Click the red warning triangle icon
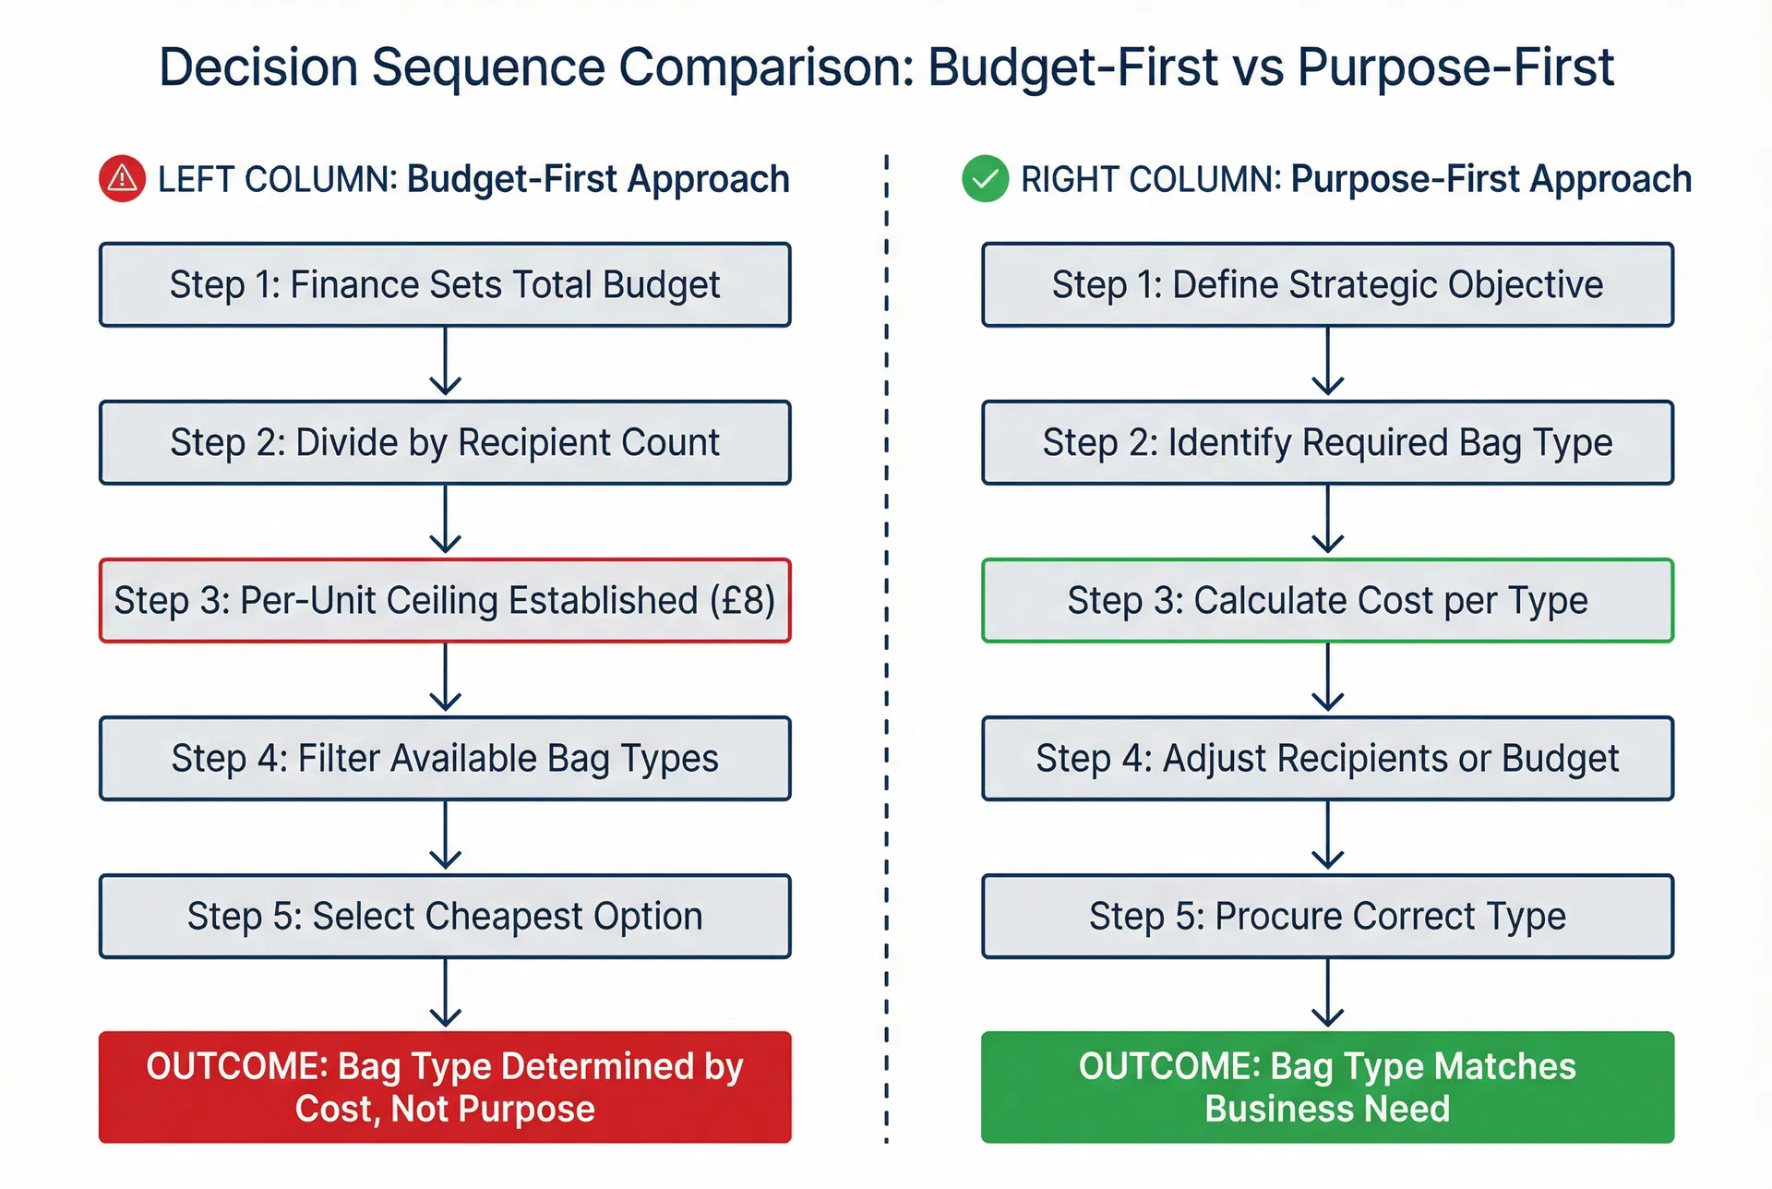tap(122, 179)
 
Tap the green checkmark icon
tap(985, 179)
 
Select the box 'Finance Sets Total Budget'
tap(445, 284)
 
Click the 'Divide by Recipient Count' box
tap(445, 442)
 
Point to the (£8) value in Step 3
tap(742, 601)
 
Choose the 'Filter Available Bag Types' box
tap(445, 758)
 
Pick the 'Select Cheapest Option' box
tap(445, 916)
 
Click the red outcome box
tap(445, 1087)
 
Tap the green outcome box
tap(1327, 1087)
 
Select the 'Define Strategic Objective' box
tap(1327, 284)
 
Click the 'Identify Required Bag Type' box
tap(1327, 442)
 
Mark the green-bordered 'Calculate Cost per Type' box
tap(1327, 600)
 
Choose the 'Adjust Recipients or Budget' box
tap(1327, 758)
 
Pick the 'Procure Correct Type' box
tap(1327, 916)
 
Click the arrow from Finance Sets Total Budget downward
tap(445, 362)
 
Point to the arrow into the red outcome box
tap(445, 993)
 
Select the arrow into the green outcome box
tap(1327, 993)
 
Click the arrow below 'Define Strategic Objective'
tap(1327, 362)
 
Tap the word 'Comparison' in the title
tap(765, 67)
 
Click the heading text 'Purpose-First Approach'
tap(1491, 179)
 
